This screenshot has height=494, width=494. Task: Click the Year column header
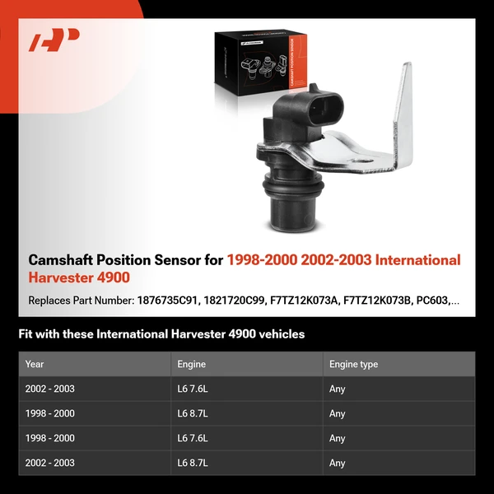[x=35, y=364]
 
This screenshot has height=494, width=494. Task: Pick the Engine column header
[x=191, y=364]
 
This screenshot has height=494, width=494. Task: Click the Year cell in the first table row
[x=49, y=389]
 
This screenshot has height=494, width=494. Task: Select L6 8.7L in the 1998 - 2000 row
[x=195, y=413]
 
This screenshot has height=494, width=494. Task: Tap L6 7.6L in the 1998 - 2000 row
[x=195, y=438]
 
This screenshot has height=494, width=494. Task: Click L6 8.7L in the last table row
[x=195, y=463]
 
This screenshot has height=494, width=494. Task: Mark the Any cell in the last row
[x=337, y=463]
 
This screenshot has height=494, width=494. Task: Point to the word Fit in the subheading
[x=26, y=334]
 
